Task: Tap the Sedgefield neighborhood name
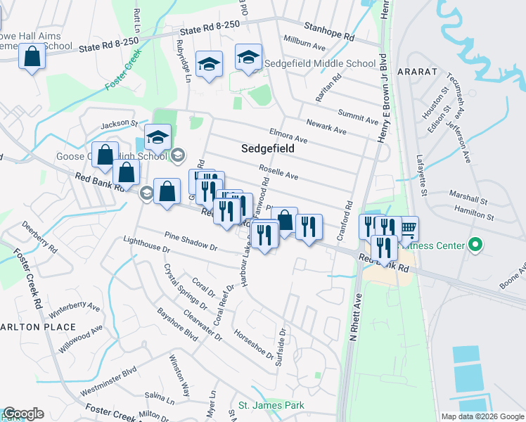pos(267,149)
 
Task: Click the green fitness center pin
pos(475,245)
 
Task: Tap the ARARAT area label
pos(418,72)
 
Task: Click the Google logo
pos(23,414)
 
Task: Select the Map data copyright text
pos(482,416)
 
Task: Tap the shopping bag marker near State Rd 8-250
pos(32,57)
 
